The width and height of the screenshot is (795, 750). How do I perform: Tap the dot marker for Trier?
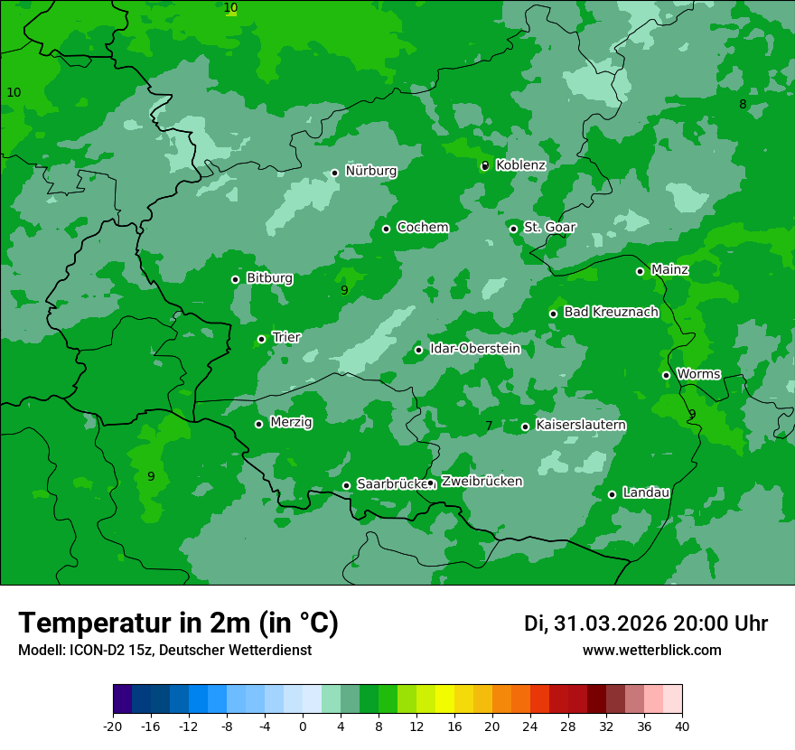(x=261, y=339)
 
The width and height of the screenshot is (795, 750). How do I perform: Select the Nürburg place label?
(x=370, y=171)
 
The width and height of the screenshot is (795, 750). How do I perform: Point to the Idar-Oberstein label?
(x=475, y=349)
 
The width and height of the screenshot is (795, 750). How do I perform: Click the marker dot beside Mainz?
(x=640, y=271)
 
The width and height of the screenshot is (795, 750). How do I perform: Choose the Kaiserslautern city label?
(x=581, y=425)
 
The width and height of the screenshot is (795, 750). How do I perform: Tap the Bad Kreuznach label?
(x=611, y=312)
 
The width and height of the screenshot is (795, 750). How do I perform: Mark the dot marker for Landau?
(x=612, y=494)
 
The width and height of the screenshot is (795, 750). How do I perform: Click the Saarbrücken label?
(x=391, y=484)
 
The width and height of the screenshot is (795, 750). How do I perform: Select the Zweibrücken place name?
(x=482, y=482)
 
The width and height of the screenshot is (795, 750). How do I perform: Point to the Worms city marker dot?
(x=666, y=375)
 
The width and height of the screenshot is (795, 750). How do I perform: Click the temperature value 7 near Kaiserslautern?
(x=489, y=426)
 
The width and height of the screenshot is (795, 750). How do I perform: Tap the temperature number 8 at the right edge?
(x=743, y=104)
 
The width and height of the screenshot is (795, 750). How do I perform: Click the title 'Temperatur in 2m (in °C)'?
(x=178, y=623)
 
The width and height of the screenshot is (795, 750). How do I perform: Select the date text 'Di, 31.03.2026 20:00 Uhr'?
(x=645, y=623)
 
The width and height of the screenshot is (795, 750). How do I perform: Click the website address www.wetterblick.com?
(x=651, y=651)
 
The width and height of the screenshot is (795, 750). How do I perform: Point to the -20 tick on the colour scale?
(x=113, y=726)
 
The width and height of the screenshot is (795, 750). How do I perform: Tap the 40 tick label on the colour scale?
(x=682, y=726)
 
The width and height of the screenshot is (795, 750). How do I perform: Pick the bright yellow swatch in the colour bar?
(x=444, y=699)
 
